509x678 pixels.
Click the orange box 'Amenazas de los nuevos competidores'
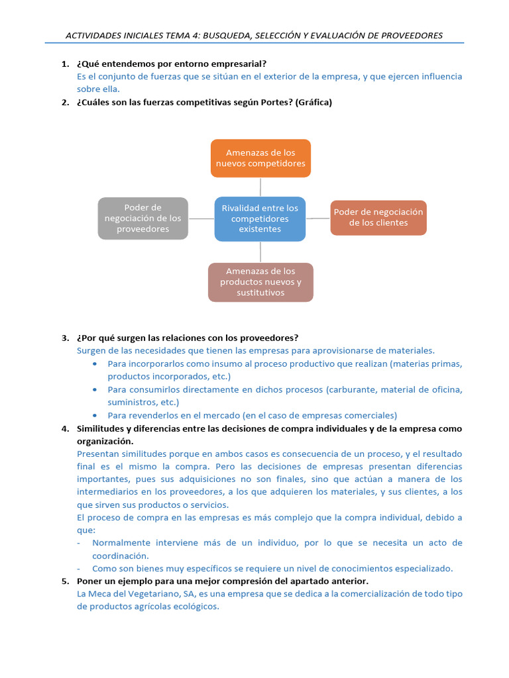pos(260,158)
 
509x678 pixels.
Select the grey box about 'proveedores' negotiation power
pos(142,218)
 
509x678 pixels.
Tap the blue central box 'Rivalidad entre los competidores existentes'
pos(260,218)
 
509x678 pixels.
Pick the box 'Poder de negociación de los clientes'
pos(378,218)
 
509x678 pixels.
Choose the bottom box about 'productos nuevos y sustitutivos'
pos(260,282)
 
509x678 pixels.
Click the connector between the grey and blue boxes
pos(201,218)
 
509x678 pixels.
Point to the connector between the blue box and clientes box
pos(318,218)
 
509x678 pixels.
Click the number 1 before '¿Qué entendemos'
pos(64,64)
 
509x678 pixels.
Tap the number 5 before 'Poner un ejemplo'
pos(64,581)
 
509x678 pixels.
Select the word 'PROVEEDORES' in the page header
pos(406,35)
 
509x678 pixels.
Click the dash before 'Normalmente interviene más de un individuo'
pos(80,543)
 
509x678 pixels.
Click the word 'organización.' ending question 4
pos(105,441)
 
